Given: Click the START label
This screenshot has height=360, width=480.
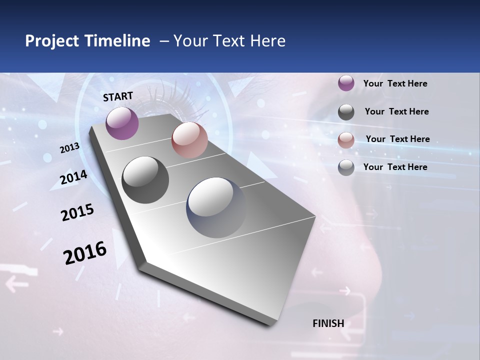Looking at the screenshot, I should point(118,96).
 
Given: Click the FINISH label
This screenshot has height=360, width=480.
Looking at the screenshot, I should point(328,323).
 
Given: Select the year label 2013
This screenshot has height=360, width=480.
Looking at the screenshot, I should point(70,148).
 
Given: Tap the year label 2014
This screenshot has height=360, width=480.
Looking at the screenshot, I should point(73,177).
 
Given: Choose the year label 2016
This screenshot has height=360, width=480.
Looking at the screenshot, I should point(85,252).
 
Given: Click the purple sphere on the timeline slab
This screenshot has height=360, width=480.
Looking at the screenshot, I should point(122,123).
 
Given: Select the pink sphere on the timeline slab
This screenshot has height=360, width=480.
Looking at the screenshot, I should point(189,140).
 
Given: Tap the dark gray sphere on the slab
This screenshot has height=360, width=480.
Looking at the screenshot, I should point(145,180).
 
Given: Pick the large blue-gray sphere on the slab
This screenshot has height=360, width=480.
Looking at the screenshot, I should point(216,207).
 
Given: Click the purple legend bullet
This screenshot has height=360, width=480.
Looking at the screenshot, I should point(346,83).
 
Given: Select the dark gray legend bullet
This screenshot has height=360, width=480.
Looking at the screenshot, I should point(346,112).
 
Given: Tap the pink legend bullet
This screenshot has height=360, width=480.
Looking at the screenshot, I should point(346,140).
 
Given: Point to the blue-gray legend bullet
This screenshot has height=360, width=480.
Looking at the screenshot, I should point(346,167).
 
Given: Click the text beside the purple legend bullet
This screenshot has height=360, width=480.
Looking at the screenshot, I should point(395,83).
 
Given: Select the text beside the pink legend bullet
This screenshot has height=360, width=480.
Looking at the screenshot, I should point(397,139).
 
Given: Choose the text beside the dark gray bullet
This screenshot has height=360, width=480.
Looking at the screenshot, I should point(396,111).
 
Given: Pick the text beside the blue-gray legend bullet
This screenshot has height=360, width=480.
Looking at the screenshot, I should point(395,167).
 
